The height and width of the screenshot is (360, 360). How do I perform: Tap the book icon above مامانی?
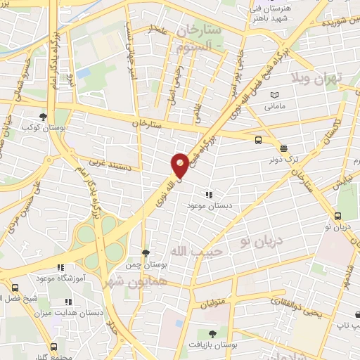(274, 95)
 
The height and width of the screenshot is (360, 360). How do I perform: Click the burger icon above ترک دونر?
(283, 148)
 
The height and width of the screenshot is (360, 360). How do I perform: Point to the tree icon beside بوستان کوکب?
(44, 117)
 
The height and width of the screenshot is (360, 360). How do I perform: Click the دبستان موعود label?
(208, 205)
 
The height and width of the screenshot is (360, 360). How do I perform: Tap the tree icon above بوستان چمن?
(146, 253)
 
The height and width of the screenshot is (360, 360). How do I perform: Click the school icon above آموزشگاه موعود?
(60, 267)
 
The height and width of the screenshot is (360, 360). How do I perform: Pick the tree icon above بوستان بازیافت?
(213, 333)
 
